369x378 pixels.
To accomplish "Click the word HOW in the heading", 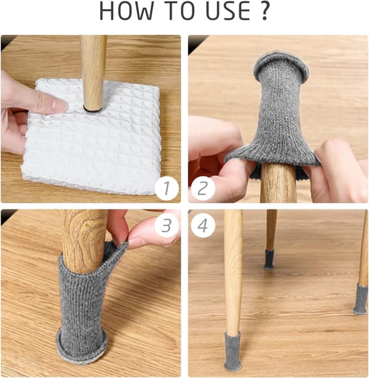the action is click(126, 11).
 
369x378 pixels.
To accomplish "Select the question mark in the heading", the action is click(264, 11).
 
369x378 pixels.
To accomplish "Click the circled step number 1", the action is click(167, 188).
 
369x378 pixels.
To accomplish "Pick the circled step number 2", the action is click(203, 188).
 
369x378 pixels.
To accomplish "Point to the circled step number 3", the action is click(167, 226).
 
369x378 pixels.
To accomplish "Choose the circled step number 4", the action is click(203, 226).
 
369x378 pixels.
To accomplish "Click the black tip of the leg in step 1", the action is click(93, 110).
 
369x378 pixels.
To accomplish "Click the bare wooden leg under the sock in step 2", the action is click(279, 183).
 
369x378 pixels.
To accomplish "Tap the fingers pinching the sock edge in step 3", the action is click(145, 231).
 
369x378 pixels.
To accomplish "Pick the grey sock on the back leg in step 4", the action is click(269, 259).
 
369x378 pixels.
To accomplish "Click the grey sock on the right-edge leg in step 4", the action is click(361, 299).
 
